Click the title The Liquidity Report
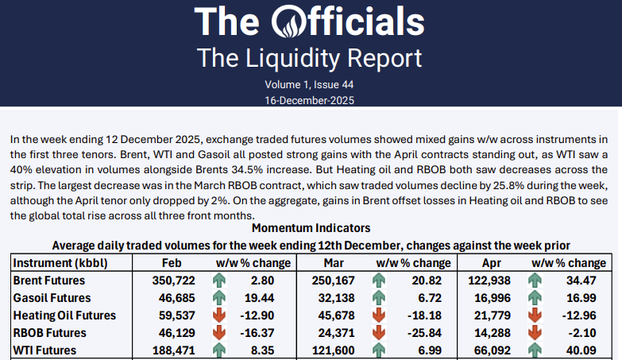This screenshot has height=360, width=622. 309,58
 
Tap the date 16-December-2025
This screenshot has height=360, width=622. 309,100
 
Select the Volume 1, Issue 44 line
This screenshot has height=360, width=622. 309,84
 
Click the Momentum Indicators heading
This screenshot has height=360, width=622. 311,228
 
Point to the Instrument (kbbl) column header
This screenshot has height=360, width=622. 60,263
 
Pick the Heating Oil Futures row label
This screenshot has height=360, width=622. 65,315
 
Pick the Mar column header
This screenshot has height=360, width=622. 333,263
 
